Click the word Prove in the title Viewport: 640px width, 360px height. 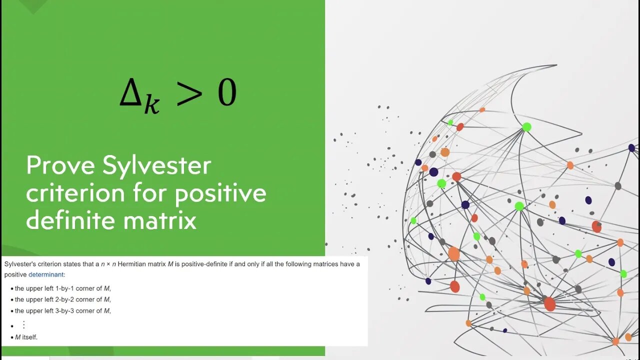coord(60,165)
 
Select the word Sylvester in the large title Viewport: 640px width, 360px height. coord(157,166)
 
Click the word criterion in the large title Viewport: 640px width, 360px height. coord(75,193)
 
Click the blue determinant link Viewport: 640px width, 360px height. coord(46,274)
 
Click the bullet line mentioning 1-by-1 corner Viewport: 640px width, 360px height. coord(62,288)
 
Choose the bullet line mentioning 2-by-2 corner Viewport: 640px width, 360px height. coord(62,299)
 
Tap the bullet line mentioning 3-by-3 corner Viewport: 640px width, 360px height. coord(62,310)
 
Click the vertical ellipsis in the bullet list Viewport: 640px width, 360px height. coord(23,325)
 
